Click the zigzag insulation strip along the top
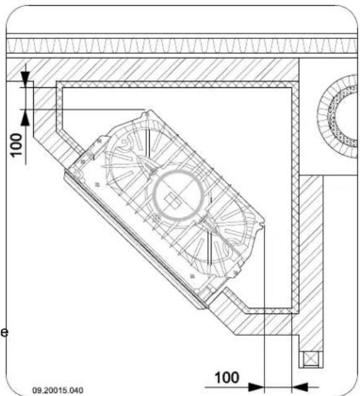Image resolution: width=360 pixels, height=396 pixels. (179, 46)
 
